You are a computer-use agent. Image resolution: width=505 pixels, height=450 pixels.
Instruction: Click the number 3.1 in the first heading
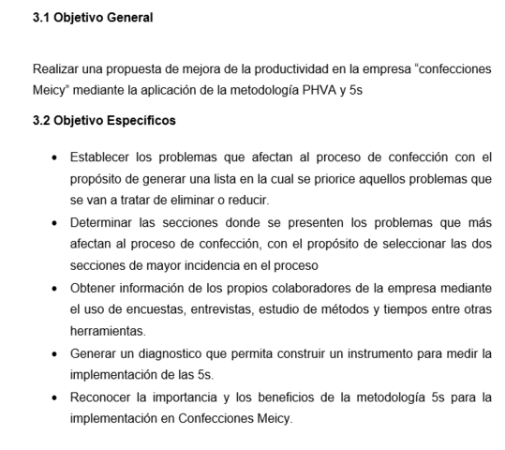point(43,18)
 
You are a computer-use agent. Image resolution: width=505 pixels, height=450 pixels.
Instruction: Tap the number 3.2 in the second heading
point(43,121)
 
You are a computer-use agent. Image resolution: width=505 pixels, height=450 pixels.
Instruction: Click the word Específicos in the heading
point(141,121)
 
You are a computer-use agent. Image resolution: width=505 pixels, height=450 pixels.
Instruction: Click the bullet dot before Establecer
point(58,157)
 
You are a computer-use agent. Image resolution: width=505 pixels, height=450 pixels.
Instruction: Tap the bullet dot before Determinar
point(58,222)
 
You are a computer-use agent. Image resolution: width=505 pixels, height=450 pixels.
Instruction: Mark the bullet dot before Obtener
point(58,288)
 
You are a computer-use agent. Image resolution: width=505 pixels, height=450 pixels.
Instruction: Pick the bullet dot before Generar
point(58,353)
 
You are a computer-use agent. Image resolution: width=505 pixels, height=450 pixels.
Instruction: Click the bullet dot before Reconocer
point(58,397)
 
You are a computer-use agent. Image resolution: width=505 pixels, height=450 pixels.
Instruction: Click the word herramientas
point(109,331)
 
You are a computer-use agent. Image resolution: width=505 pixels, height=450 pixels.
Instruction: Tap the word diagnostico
point(168,353)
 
